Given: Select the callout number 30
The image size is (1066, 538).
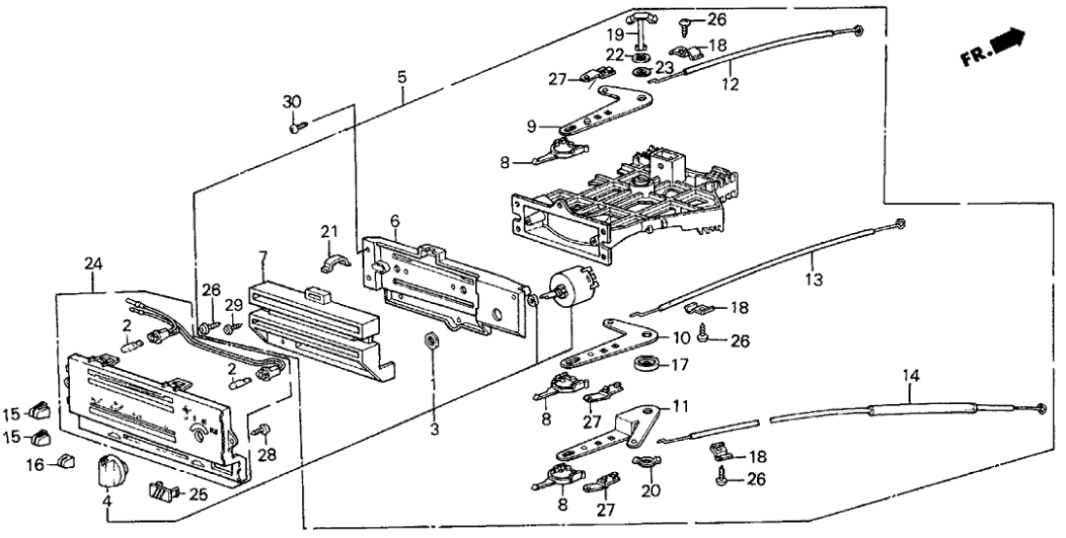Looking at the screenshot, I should pos(292,102).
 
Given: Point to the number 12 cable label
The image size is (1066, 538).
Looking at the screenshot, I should pos(730,84).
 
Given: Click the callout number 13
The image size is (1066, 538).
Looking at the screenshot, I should pos(813,279).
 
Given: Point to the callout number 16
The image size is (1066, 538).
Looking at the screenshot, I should pos(34,464).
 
